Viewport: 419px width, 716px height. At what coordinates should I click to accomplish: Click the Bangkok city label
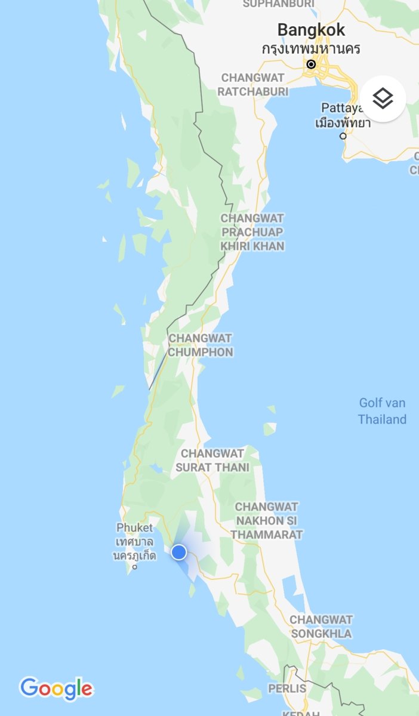pos(311,29)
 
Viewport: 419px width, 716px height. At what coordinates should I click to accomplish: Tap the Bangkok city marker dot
pos(311,64)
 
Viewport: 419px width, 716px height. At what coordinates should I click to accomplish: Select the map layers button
pos(383,98)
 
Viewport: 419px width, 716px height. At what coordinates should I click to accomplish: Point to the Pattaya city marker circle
pos(343,136)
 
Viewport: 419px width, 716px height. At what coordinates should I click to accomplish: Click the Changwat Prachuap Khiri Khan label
pos(252,232)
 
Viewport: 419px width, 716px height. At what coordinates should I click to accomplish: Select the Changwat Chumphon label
pos(200,345)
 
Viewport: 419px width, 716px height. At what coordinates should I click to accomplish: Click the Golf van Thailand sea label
pos(382,411)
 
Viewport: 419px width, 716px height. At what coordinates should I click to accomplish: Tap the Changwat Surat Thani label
pos(212,461)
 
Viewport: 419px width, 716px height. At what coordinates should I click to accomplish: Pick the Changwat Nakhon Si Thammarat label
pos(267,520)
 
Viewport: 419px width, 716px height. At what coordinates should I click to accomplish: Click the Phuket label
pos(134,527)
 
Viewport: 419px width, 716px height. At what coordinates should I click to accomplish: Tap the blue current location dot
pos(178,553)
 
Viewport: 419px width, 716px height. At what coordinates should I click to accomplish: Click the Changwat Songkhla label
pos(321,626)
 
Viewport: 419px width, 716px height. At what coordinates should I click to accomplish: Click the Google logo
pos(57,689)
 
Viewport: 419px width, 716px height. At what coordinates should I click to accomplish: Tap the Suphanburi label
pos(278,4)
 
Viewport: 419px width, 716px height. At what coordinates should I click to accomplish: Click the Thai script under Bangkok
pos(311,48)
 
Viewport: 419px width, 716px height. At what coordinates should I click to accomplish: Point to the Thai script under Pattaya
pos(343,123)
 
